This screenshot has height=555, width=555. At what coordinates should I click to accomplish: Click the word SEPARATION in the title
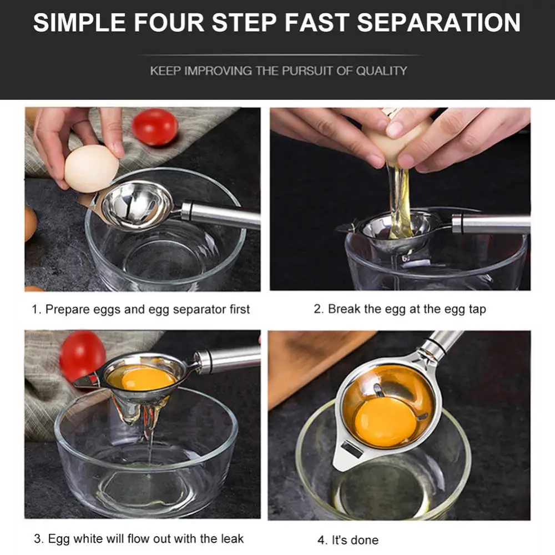(438, 23)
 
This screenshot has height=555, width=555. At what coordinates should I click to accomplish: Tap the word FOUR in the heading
(169, 23)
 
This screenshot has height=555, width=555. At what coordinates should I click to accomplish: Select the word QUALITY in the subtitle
(381, 71)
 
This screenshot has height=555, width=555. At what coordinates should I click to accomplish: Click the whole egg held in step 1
(92, 169)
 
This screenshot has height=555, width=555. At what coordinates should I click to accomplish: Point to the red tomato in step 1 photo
(155, 127)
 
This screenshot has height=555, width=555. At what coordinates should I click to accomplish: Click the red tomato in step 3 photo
(82, 356)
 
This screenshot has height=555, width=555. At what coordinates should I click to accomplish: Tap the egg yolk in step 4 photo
(386, 422)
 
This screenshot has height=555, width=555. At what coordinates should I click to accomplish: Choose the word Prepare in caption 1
(68, 310)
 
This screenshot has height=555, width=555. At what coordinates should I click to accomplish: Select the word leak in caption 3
(232, 538)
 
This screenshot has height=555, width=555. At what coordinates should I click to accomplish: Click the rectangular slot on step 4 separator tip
(352, 449)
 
